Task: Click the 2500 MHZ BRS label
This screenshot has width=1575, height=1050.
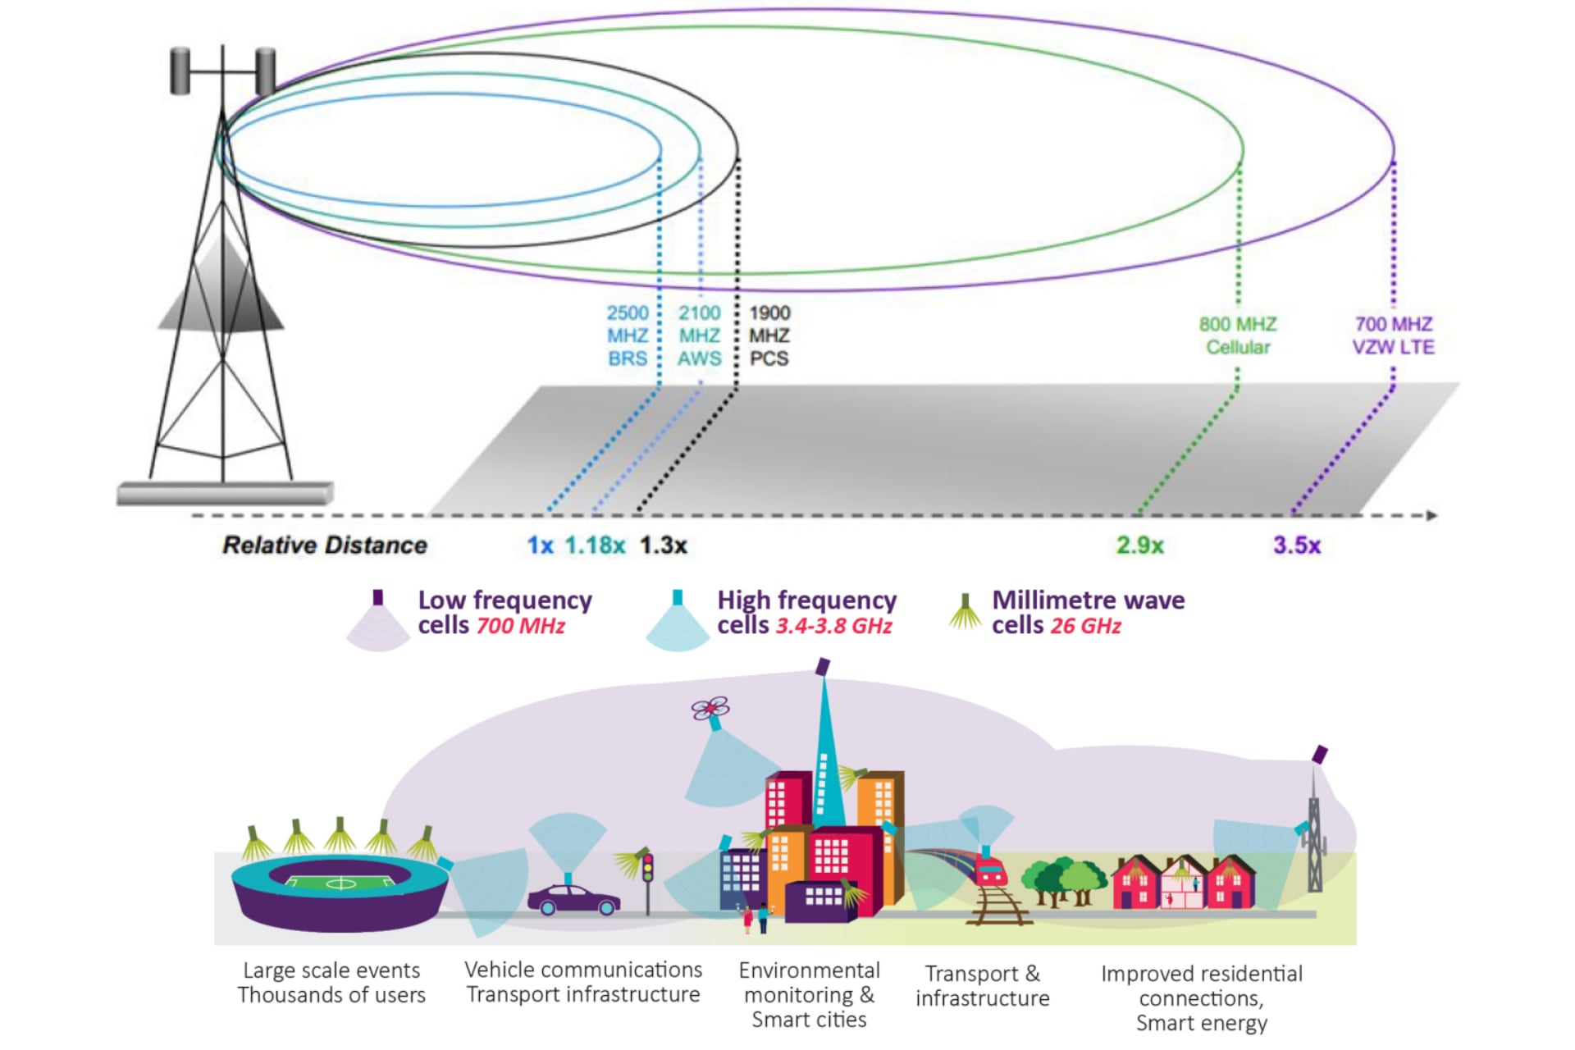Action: pyautogui.click(x=628, y=336)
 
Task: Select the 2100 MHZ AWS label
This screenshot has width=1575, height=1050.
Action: pyautogui.click(x=699, y=336)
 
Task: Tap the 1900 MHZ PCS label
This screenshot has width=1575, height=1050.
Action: pyautogui.click(x=769, y=336)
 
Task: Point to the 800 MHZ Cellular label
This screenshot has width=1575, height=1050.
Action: pyautogui.click(x=1237, y=336)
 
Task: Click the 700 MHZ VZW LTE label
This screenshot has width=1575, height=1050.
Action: pyautogui.click(x=1393, y=336)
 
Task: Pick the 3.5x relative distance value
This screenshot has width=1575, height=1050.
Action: pyautogui.click(x=1296, y=545)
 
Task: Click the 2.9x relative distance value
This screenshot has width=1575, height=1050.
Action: pyautogui.click(x=1139, y=545)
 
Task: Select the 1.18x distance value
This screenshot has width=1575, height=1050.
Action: pyautogui.click(x=595, y=545)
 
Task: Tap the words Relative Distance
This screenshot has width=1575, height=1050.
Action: pyautogui.click(x=325, y=545)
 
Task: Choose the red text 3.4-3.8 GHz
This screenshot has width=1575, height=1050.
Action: pyautogui.click(x=833, y=626)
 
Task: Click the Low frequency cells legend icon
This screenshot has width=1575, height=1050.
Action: pyautogui.click(x=377, y=622)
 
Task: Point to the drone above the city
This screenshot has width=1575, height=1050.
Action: pyautogui.click(x=710, y=708)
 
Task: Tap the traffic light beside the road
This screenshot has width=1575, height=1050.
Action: pyautogui.click(x=647, y=870)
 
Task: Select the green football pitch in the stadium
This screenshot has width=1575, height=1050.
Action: pyautogui.click(x=340, y=883)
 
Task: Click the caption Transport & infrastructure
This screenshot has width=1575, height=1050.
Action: pyautogui.click(x=982, y=986)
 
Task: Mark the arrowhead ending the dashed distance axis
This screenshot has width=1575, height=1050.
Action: pyautogui.click(x=1431, y=515)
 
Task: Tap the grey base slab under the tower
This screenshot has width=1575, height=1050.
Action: pyautogui.click(x=224, y=494)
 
